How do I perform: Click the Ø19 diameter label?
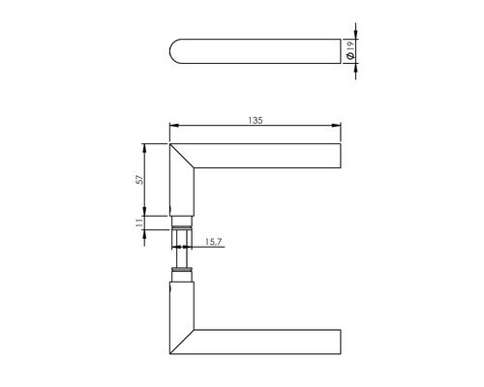349,52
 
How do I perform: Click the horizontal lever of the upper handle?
271,157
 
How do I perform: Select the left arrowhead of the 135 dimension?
173,126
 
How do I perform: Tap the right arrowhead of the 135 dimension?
341,126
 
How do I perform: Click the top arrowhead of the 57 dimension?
144,148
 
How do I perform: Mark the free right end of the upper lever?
342,157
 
